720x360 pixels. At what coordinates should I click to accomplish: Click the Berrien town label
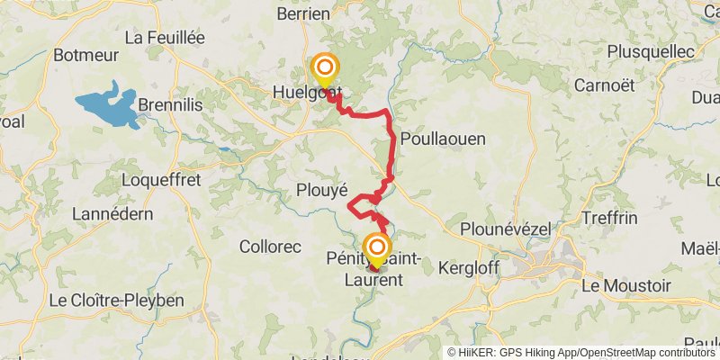pyautogui.click(x=305, y=13)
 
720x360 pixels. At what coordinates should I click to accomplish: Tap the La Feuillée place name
pyautogui.click(x=165, y=38)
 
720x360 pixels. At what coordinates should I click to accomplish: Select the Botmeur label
pyautogui.click(x=86, y=55)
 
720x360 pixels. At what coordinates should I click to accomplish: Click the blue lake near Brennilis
pyautogui.click(x=110, y=105)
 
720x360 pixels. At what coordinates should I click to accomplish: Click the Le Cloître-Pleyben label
pyautogui.click(x=116, y=300)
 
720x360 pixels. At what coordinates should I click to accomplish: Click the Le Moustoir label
pyautogui.click(x=626, y=285)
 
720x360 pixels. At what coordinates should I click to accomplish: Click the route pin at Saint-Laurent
pyautogui.click(x=377, y=247)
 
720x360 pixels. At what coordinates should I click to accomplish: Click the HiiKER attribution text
pyautogui.click(x=581, y=352)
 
